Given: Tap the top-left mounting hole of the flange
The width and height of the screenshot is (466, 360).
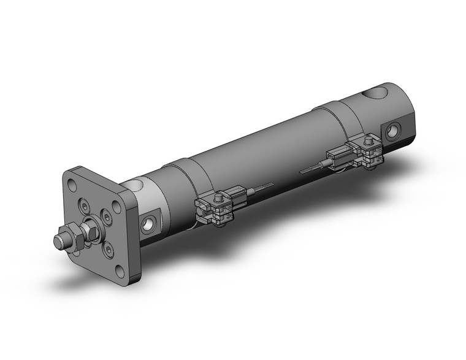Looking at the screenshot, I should point(75,183).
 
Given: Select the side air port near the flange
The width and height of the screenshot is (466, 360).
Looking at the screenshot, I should point(149,224).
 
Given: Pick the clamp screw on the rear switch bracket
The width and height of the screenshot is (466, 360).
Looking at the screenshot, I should point(368,144).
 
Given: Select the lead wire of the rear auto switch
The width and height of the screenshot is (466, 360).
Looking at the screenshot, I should point(313,166).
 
